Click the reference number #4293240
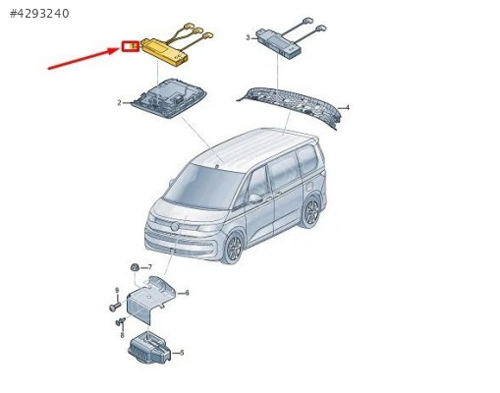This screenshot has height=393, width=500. pyautogui.click(x=39, y=14)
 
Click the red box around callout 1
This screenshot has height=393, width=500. pyautogui.click(x=131, y=46)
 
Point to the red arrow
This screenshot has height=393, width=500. pyautogui.click(x=84, y=58)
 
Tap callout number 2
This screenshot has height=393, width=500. pyautogui.click(x=119, y=103)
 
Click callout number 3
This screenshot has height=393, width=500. pyautogui.click(x=248, y=37)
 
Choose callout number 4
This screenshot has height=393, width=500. pyautogui.click(x=348, y=107)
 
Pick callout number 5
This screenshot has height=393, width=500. pyautogui.click(x=182, y=353)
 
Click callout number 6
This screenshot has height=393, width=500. pyautogui.click(x=187, y=293)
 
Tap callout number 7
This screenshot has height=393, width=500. pyautogui.click(x=150, y=267)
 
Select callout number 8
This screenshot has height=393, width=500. pyautogui.click(x=122, y=335)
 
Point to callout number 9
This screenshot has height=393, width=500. pyautogui.click(x=117, y=290)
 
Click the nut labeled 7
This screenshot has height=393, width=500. pyautogui.click(x=135, y=267)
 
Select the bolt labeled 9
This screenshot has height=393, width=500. pyautogui.click(x=115, y=307)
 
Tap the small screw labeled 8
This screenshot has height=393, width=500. pyautogui.click(x=121, y=321)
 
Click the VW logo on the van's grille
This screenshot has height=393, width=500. pyautogui.click(x=175, y=226)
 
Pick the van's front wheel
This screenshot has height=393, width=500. pyautogui.click(x=233, y=248)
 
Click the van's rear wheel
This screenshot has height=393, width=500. pyautogui.click(x=310, y=212)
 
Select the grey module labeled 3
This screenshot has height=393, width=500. pyautogui.click(x=278, y=44)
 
